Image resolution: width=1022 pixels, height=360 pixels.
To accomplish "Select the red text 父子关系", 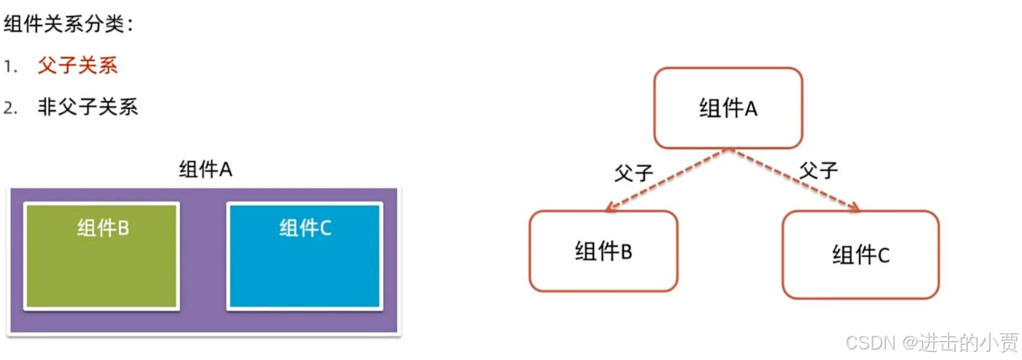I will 77,66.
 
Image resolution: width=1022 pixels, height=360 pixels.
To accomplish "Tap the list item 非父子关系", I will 88,107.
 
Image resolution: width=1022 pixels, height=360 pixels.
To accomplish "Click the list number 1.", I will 10,66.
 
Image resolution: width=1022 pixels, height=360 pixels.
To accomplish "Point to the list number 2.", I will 10,108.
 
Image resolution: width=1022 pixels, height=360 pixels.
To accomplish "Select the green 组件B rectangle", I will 101,268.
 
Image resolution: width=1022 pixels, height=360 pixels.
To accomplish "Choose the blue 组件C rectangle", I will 304,268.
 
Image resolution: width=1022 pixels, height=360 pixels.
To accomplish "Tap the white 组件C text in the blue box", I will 306,229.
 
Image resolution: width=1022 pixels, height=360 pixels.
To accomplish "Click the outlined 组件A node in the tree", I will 728,108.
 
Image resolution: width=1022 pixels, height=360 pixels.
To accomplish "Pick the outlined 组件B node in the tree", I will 602,251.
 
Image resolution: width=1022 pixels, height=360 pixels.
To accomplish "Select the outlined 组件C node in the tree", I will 860,255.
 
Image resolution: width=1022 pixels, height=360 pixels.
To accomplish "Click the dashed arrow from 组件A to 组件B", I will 666,180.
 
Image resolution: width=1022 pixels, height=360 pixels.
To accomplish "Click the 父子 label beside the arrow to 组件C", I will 818,170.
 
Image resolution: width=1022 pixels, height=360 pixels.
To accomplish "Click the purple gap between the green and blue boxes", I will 203,255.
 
